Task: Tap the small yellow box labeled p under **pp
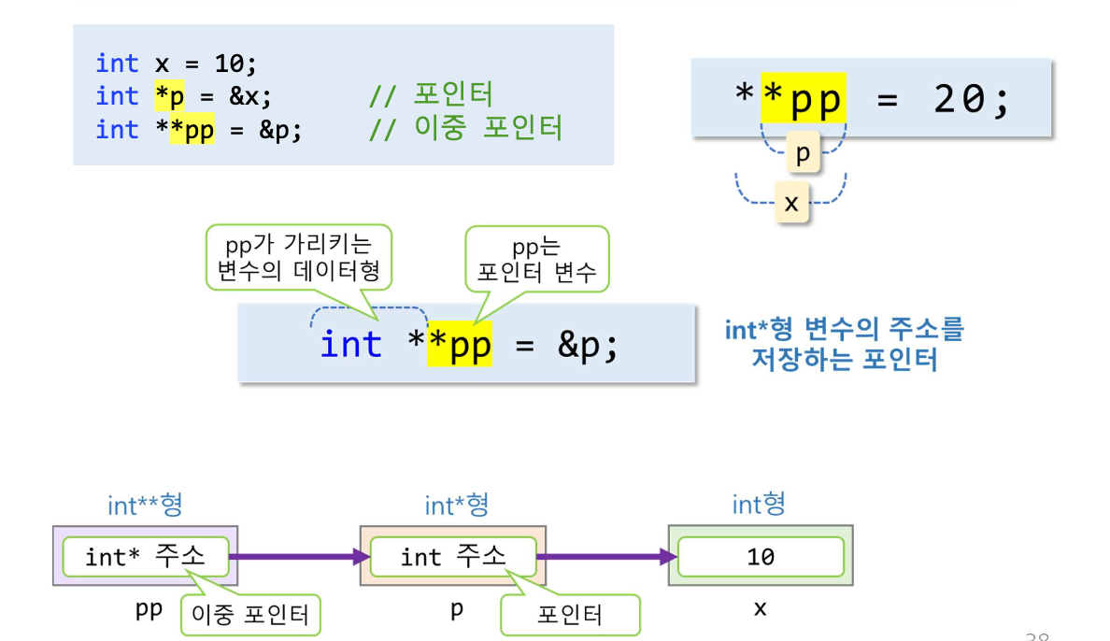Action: pos(803,154)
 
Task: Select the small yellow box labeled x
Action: pos(791,203)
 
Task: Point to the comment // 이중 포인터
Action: pos(466,129)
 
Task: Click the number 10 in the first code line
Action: pos(232,64)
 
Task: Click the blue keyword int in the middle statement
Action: pos(351,345)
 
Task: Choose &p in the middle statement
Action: pos(588,345)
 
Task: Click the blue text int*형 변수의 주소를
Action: pos(843,329)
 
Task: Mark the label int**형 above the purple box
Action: pos(145,506)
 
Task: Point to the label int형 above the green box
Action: pos(759,506)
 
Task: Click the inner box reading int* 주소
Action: pos(145,557)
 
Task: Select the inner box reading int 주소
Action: pos(452,557)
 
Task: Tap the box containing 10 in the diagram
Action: pos(761,557)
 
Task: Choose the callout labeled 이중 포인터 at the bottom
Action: pos(250,615)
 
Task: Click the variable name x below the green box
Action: pos(760,609)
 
